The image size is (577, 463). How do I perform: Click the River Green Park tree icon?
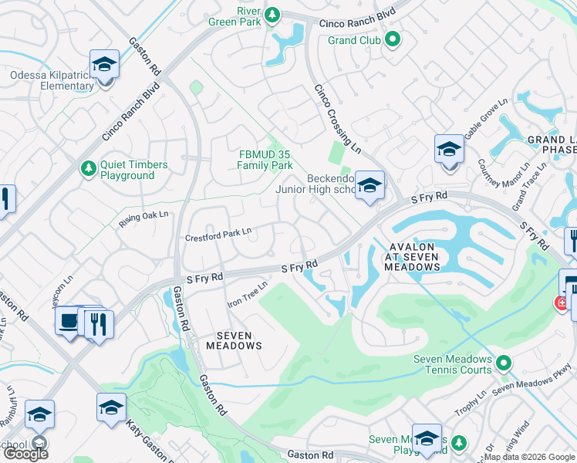pyautogui.click(x=272, y=15)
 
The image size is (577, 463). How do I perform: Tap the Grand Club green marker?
pyautogui.click(x=392, y=39)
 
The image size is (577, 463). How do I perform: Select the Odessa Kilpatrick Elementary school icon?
pyautogui.click(x=104, y=66)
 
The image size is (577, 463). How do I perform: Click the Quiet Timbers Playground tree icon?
pyautogui.click(x=89, y=167)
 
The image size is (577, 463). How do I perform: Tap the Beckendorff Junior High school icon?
pyautogui.click(x=369, y=186)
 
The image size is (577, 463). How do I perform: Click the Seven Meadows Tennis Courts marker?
pyautogui.click(x=503, y=362)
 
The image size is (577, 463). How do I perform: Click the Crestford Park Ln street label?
pyautogui.click(x=218, y=233)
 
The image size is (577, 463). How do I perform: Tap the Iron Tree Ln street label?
pyautogui.click(x=247, y=294)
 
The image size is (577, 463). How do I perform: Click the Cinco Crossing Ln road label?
pyautogui.click(x=337, y=120)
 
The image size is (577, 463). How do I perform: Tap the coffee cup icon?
pyautogui.click(x=70, y=321)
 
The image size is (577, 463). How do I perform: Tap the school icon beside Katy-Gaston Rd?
pyautogui.click(x=111, y=407)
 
